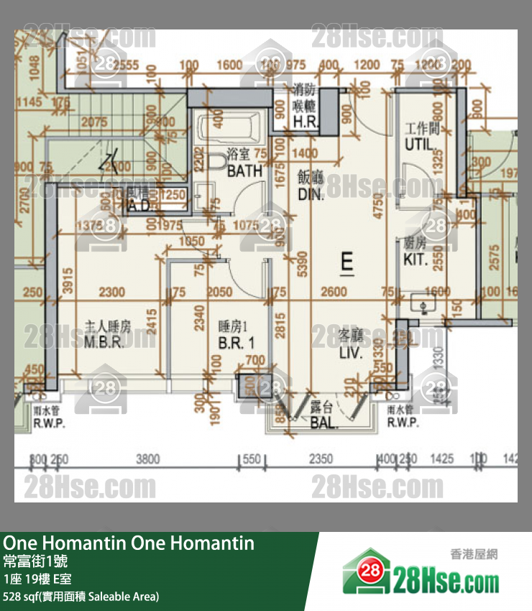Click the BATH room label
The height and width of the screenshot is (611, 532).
244,172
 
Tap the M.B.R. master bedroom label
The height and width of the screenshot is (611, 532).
105,342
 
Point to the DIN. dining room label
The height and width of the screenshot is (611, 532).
311,194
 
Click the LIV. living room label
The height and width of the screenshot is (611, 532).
351,353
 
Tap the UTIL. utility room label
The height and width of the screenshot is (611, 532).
420,144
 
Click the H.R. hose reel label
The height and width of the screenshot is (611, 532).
306,122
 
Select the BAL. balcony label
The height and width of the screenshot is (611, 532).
324,423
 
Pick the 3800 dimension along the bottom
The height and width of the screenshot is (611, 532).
148,458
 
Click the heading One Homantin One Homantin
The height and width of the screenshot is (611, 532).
129,543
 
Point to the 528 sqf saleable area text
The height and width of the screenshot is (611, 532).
81,596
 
